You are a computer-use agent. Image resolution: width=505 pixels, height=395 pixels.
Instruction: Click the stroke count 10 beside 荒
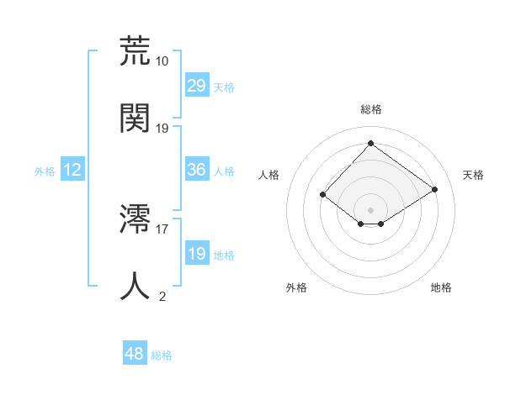click(162, 61)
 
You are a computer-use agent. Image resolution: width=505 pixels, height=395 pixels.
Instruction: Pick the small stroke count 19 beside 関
click(162, 129)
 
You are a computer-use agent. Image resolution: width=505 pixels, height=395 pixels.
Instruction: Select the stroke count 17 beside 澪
click(162, 228)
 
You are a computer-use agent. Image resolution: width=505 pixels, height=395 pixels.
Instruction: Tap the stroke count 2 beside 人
click(162, 296)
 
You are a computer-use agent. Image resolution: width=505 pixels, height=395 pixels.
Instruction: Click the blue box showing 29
click(196, 85)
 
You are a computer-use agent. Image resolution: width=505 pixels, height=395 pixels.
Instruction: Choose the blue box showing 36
click(196, 170)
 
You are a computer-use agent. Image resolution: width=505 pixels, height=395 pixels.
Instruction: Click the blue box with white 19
click(196, 254)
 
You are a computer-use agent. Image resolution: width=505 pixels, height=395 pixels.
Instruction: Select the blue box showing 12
click(72, 170)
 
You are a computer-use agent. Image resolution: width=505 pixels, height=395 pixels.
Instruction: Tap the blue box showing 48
click(135, 354)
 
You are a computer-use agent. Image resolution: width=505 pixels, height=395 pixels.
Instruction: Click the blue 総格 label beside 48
click(162, 355)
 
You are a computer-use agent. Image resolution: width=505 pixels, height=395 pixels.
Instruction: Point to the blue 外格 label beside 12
click(45, 171)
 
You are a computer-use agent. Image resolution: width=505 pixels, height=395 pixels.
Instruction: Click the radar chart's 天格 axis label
click(473, 175)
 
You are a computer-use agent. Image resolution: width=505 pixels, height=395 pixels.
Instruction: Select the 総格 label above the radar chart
click(370, 109)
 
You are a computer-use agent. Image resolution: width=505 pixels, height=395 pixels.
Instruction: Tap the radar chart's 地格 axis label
click(441, 287)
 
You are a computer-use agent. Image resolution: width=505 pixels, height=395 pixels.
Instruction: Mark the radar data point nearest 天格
click(434, 189)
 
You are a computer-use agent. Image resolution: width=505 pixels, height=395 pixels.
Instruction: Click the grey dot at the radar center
click(370, 209)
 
